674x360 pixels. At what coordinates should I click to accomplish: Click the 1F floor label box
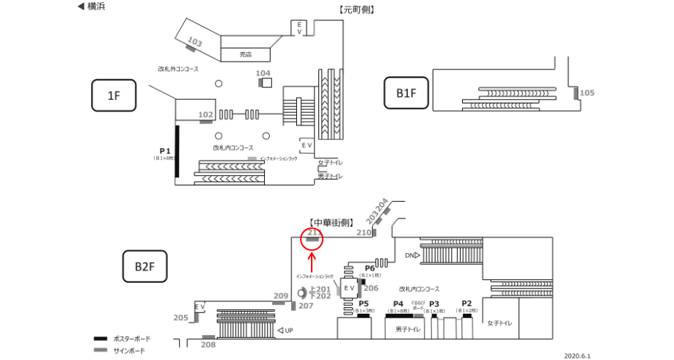pyautogui.click(x=114, y=95)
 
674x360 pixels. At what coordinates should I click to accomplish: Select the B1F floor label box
pyautogui.click(x=406, y=93)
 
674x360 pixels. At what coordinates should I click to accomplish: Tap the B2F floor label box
pyautogui.click(x=144, y=265)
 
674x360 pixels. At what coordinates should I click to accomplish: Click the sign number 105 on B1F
pyautogui.click(x=587, y=93)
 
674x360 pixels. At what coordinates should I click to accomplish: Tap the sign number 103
pyautogui.click(x=195, y=42)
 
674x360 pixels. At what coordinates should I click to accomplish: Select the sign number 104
pyautogui.click(x=263, y=73)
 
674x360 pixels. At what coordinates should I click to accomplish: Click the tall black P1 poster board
pyautogui.click(x=177, y=152)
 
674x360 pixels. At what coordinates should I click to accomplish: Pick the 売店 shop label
pyautogui.click(x=246, y=54)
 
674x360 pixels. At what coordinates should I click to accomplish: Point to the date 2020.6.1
pyautogui.click(x=576, y=355)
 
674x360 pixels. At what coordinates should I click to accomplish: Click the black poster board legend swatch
pyautogui.click(x=100, y=339)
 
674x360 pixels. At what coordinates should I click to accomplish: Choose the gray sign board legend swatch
pyautogui.click(x=100, y=350)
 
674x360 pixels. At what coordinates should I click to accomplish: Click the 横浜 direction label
pyautogui.click(x=91, y=7)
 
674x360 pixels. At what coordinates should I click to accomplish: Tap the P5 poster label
pyautogui.click(x=362, y=304)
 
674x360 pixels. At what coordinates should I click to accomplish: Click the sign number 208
pyautogui.click(x=208, y=345)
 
